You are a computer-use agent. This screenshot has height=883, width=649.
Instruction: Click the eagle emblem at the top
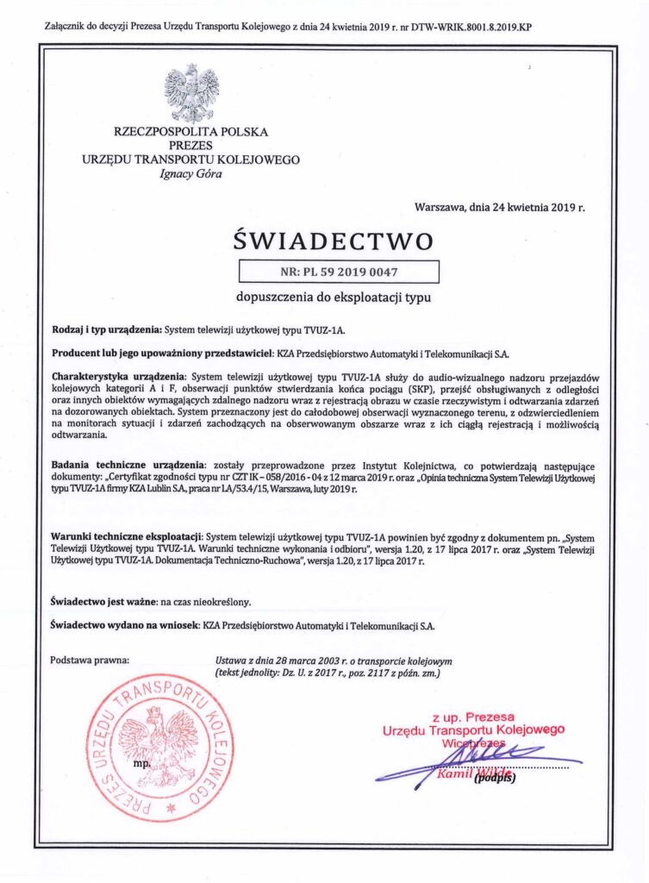click(x=191, y=92)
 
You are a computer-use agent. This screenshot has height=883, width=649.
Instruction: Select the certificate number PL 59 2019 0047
click(x=338, y=272)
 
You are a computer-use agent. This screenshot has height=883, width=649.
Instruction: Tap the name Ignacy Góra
click(x=190, y=174)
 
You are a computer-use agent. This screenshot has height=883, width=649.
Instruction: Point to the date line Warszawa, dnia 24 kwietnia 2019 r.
click(x=499, y=208)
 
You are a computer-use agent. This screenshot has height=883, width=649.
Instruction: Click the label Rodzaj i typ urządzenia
click(x=107, y=330)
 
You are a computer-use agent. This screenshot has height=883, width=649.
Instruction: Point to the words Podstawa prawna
click(x=90, y=661)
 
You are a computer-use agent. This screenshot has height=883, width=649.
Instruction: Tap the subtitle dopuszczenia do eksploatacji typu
click(x=333, y=297)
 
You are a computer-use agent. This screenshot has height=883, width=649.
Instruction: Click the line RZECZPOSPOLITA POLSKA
click(x=190, y=132)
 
